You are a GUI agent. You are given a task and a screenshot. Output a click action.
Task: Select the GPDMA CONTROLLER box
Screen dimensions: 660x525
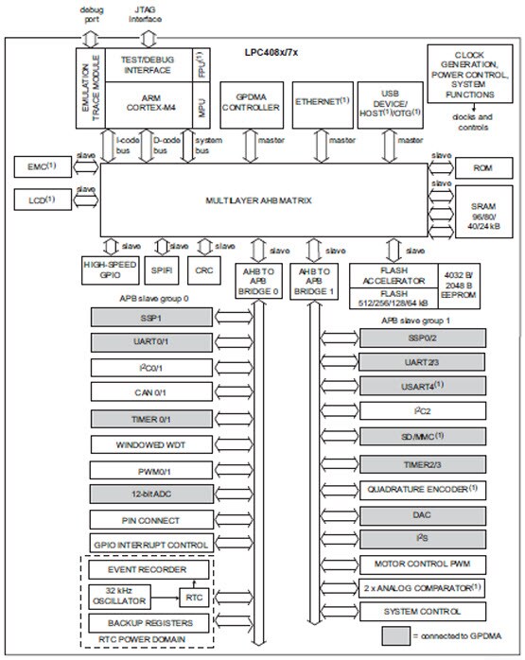(x=251, y=102)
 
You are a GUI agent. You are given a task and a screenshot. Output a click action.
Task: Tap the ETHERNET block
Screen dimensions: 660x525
(x=324, y=100)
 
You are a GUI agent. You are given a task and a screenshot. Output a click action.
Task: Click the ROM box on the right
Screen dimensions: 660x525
(x=476, y=166)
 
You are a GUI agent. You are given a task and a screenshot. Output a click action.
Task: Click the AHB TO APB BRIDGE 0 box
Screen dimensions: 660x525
(x=257, y=280)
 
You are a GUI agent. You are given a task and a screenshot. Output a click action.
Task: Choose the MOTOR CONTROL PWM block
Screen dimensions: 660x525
(x=421, y=563)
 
